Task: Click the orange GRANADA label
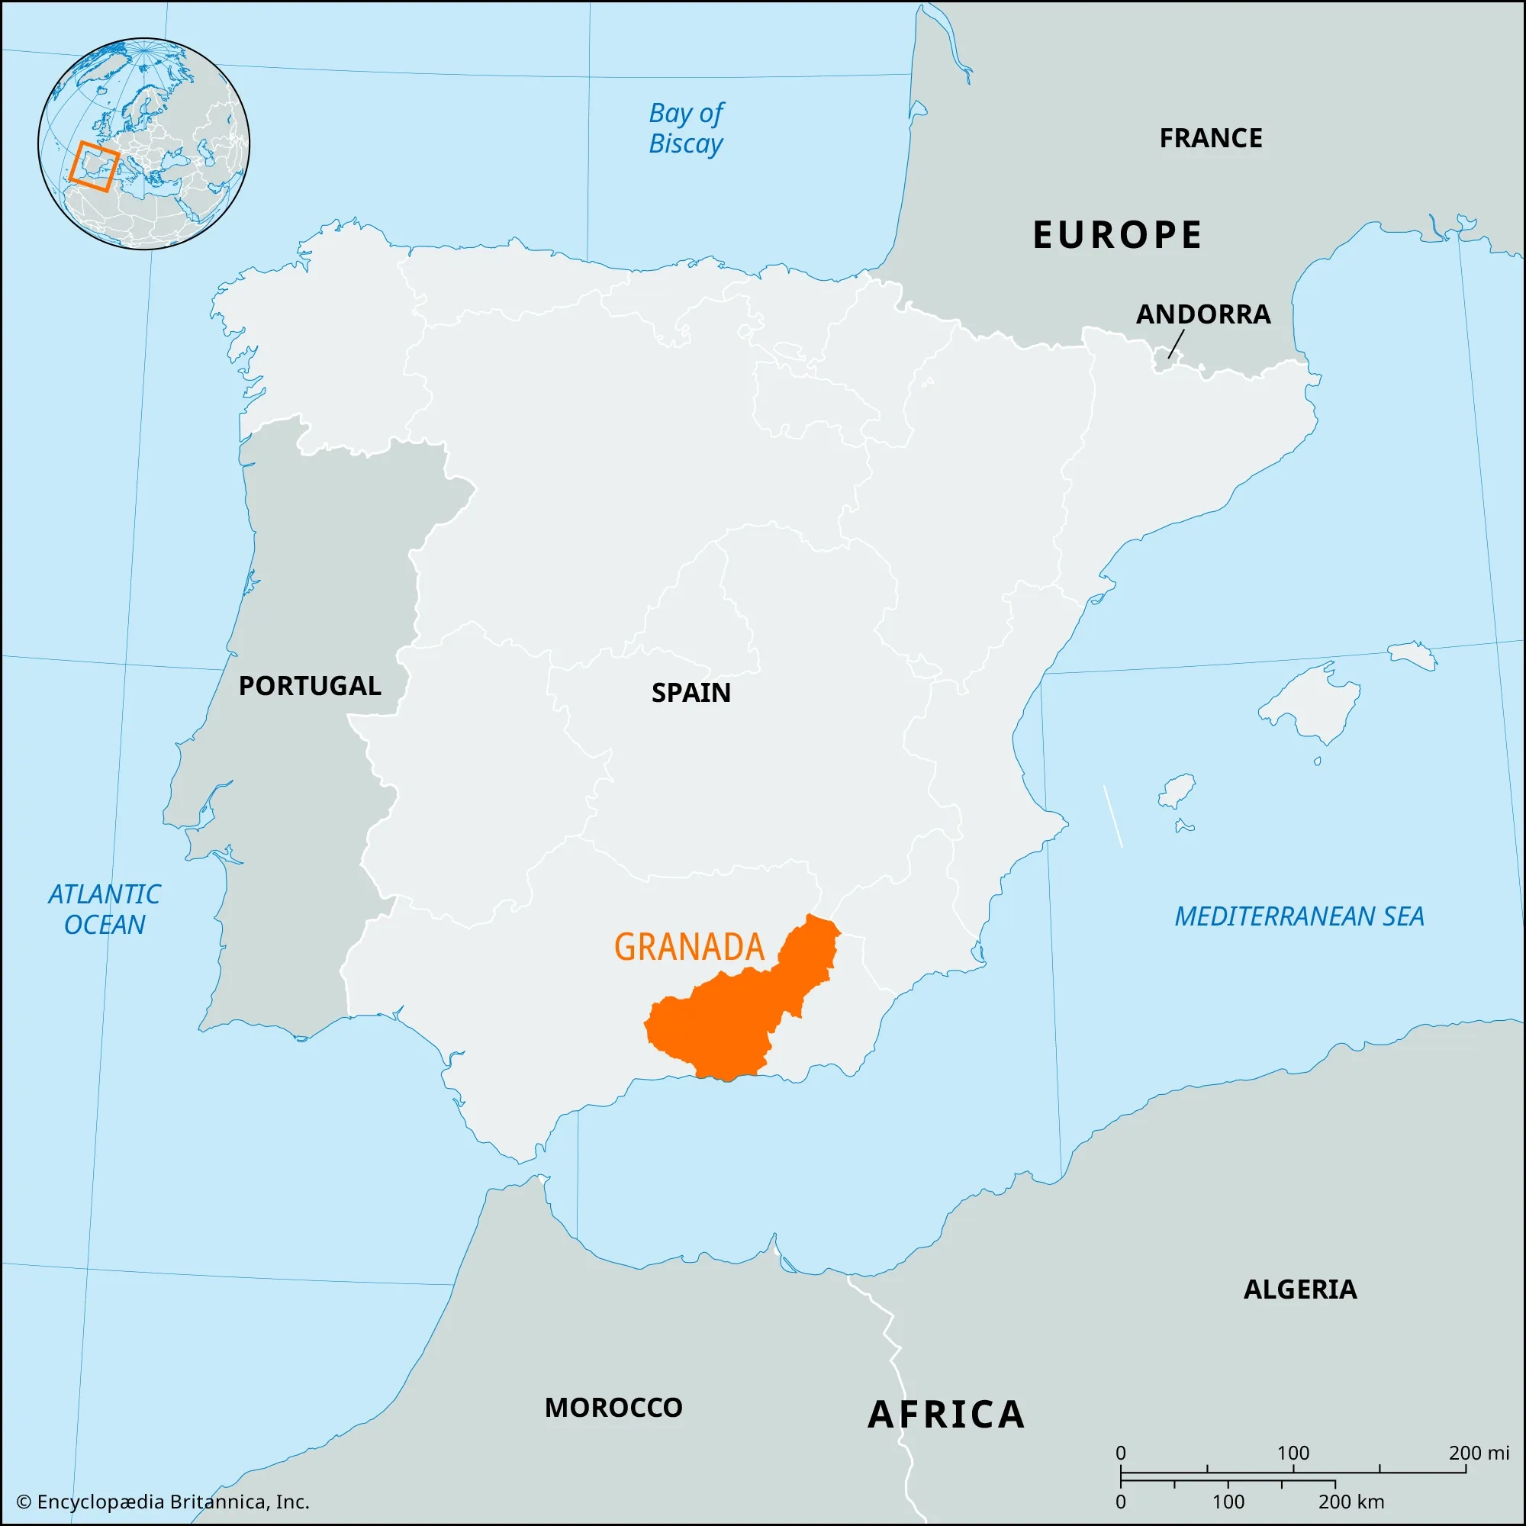(x=689, y=947)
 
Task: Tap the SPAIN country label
(x=691, y=693)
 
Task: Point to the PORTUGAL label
(x=310, y=686)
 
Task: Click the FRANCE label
(x=1210, y=138)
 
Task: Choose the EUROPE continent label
(x=1117, y=234)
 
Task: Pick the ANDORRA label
(x=1203, y=314)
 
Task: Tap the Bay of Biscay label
(x=686, y=128)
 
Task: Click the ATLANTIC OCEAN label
(x=105, y=909)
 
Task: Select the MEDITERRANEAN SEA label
(x=1299, y=916)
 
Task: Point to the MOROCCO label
(x=613, y=1408)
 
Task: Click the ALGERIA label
(x=1299, y=1289)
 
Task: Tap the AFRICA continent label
(x=946, y=1415)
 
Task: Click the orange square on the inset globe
(x=94, y=166)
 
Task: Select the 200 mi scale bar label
(x=1478, y=1453)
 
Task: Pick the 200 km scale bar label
(x=1351, y=1502)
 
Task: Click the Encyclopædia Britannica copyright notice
(x=163, y=1502)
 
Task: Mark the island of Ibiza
(x=1177, y=790)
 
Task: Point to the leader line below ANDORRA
(x=1176, y=343)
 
